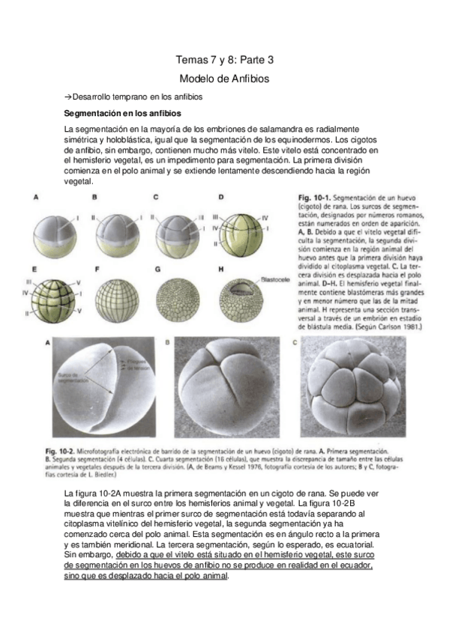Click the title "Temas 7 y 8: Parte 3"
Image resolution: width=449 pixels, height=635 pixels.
point(224,59)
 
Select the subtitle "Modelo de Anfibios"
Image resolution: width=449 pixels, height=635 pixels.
point(224,78)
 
